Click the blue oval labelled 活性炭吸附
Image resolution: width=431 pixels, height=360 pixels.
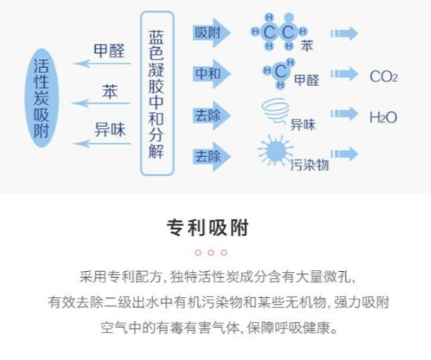42,98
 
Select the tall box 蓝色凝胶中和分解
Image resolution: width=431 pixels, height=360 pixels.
157,93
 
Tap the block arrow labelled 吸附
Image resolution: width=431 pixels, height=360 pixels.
211,33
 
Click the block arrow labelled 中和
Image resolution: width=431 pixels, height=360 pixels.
211,74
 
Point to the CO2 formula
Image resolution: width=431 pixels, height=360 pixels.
384,76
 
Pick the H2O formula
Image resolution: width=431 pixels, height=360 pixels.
383,117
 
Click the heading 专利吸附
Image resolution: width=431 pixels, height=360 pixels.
208,228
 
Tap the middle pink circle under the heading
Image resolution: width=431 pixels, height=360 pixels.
211,252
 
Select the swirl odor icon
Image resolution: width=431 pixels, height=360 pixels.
276,111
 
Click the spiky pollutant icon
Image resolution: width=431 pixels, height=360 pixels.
276,150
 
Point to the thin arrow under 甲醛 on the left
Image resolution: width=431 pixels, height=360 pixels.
102,63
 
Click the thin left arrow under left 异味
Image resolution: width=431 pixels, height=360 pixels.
102,143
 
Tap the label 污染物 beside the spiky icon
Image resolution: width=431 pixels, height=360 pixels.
309,165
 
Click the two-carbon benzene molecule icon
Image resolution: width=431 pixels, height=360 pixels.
279,31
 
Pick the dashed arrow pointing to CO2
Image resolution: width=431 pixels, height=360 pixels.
344,74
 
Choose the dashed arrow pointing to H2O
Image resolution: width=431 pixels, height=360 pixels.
344,114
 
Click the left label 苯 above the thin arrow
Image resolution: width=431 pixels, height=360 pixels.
110,92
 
